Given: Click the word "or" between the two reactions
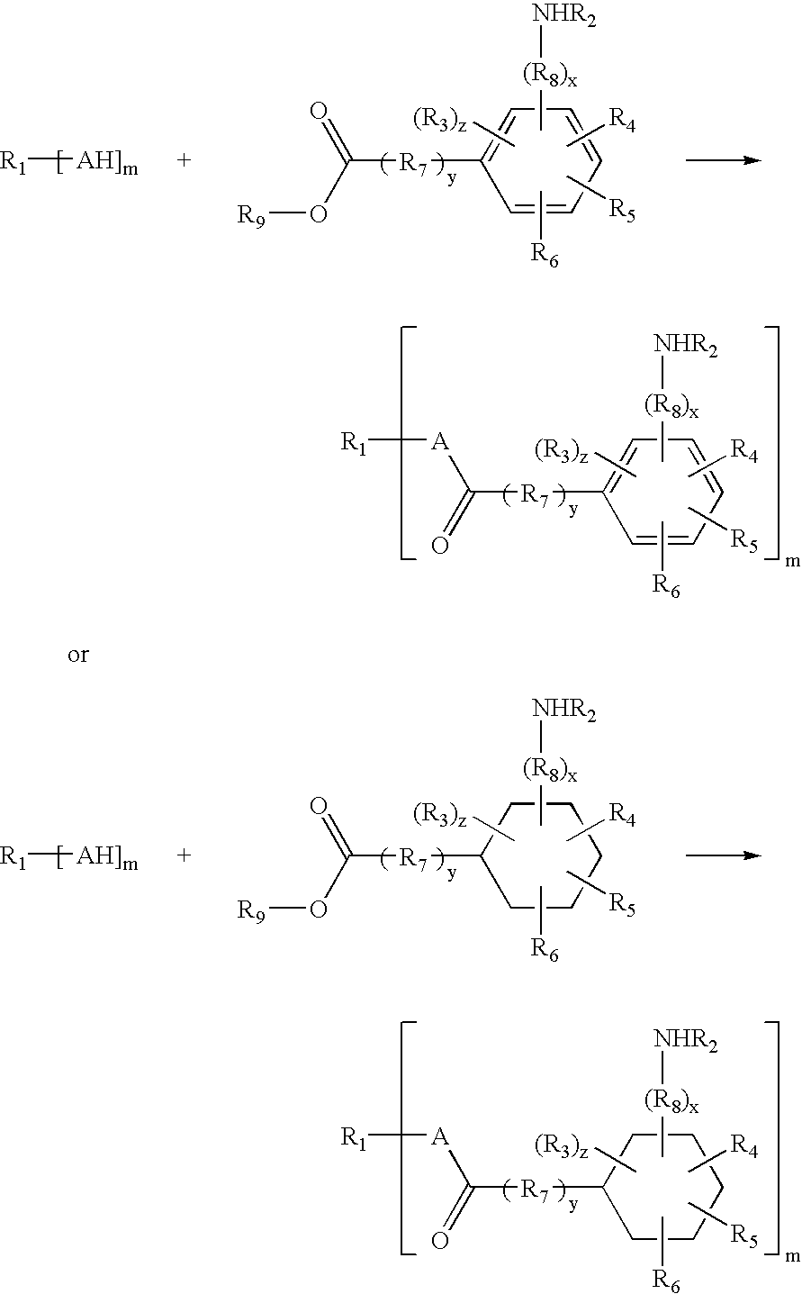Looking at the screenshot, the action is point(78,655).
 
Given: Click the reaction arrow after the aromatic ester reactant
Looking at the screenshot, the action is point(724,160).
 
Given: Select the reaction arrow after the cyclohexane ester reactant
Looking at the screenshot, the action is point(724,855).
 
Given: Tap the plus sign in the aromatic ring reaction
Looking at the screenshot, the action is point(184,160).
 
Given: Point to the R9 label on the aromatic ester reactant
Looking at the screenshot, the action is point(251,216).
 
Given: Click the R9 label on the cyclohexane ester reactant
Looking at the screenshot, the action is point(251,911).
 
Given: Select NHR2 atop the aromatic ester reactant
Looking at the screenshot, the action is point(563,15).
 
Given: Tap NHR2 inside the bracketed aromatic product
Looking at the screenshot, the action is point(685,346).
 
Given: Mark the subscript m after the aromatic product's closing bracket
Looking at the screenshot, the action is point(793,560).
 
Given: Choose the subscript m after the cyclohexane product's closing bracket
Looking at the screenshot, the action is point(793,1256).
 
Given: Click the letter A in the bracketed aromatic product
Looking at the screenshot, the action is point(440,442).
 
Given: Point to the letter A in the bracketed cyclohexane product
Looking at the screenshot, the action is point(440,1137).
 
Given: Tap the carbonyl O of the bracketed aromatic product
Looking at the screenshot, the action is point(440,545).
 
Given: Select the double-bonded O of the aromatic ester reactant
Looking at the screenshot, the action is point(319,112).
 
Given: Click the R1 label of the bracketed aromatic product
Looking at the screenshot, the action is point(354,444).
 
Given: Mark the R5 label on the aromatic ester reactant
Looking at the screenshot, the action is point(623,210).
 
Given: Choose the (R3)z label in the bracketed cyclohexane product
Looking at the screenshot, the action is point(561,1147).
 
